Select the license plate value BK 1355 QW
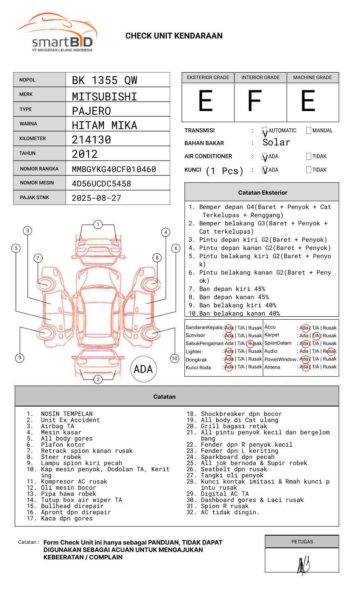[105, 80]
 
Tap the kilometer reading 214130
[91, 140]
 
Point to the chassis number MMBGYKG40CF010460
[114, 169]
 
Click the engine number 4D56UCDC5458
[101, 184]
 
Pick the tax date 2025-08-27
[96, 198]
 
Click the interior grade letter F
[255, 101]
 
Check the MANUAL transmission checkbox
[309, 131]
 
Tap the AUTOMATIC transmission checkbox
[264, 131]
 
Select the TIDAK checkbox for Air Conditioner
[309, 157]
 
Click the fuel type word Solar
[276, 143]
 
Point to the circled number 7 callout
[38, 258]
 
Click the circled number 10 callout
[175, 358]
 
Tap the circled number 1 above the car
[98, 224]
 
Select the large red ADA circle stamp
[143, 369]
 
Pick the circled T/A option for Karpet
[315, 336]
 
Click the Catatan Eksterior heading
[262, 193]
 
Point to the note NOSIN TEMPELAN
[66, 414]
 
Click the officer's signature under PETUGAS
[303, 565]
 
